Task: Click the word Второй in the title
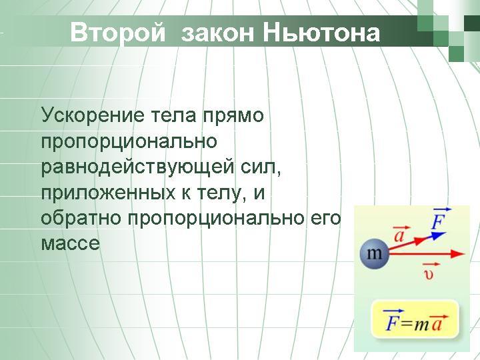(x=118, y=33)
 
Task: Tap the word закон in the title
(x=217, y=33)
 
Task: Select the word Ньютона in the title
(x=321, y=33)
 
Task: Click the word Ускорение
(x=93, y=116)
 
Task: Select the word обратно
(x=81, y=217)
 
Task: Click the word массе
(x=71, y=243)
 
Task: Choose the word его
(x=326, y=218)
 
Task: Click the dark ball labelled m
(x=374, y=254)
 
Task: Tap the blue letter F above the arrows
(x=438, y=219)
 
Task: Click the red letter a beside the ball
(x=400, y=235)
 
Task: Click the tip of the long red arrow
(x=465, y=254)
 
